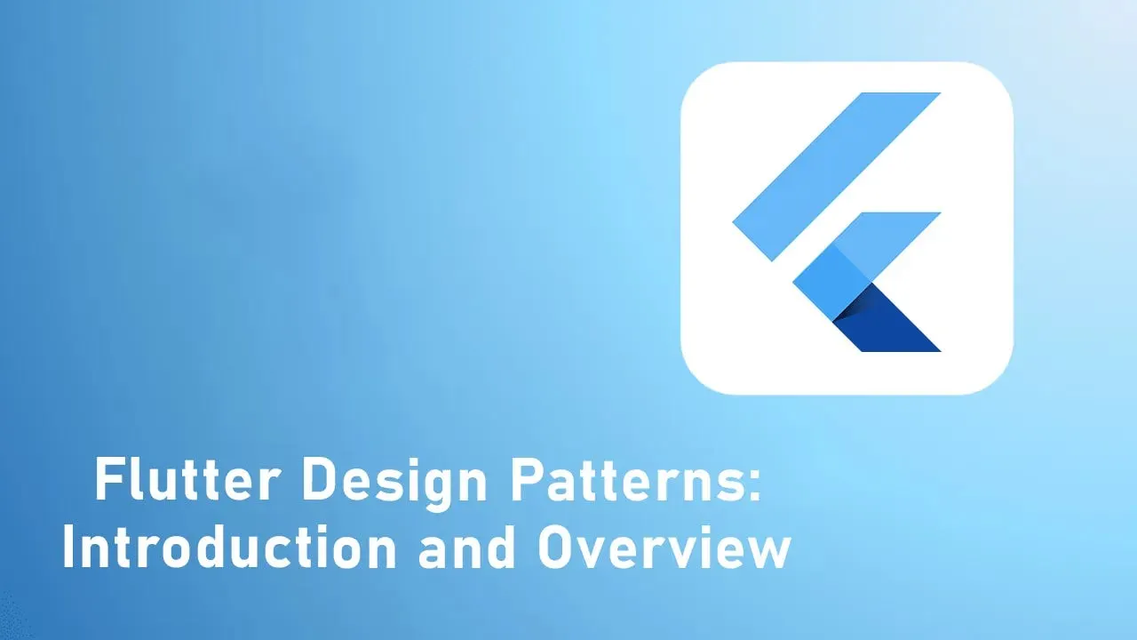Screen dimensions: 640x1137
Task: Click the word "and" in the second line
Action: [466, 548]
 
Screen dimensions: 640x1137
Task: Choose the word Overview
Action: [664, 548]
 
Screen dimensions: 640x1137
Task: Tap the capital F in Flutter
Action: [107, 482]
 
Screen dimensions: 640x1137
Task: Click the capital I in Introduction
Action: [68, 548]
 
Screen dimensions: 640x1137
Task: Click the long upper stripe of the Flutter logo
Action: [835, 177]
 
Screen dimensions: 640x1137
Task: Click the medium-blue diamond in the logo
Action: [831, 284]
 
